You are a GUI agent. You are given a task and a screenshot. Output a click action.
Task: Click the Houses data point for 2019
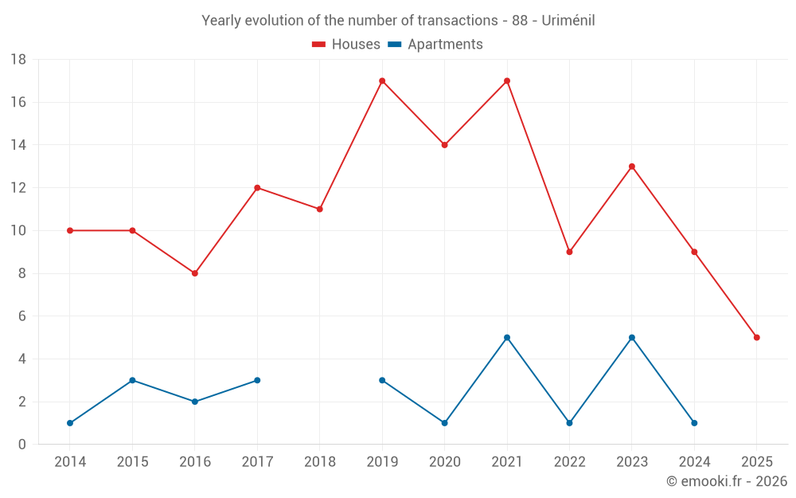tap(382, 80)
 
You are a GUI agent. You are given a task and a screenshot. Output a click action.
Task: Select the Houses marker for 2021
tap(507, 80)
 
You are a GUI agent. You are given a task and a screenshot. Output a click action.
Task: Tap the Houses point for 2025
tap(757, 337)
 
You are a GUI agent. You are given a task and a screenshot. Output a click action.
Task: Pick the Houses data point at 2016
tap(195, 273)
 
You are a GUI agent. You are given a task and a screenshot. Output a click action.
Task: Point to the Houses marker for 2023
tap(632, 167)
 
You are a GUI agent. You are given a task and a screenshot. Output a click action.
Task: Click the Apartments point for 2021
tap(507, 337)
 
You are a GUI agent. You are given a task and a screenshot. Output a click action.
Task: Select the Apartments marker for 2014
tap(70, 423)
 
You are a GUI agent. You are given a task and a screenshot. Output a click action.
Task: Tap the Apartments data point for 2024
tap(694, 423)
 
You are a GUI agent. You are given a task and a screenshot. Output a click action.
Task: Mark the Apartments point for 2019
tap(382, 380)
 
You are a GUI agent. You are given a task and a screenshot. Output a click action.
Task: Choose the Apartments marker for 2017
tap(257, 380)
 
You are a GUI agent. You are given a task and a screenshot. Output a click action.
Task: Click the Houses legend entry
tap(346, 45)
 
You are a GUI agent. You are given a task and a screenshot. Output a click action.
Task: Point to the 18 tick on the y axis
tap(18, 60)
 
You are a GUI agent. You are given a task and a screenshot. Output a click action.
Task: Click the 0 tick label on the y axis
tap(22, 445)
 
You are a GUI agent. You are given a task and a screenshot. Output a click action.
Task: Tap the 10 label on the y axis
tap(18, 231)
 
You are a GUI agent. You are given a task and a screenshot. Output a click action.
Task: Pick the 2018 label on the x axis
tap(320, 462)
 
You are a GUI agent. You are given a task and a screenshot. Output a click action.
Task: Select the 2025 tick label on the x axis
tap(757, 462)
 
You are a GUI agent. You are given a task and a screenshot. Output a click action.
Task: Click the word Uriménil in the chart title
tap(568, 21)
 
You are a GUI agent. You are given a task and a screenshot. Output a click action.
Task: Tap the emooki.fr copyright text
tap(727, 481)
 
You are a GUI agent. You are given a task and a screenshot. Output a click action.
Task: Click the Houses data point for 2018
tap(320, 209)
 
